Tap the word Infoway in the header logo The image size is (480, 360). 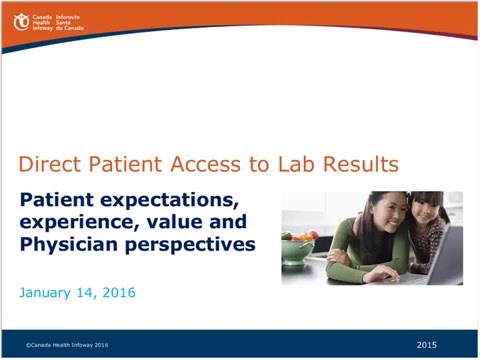43,28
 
